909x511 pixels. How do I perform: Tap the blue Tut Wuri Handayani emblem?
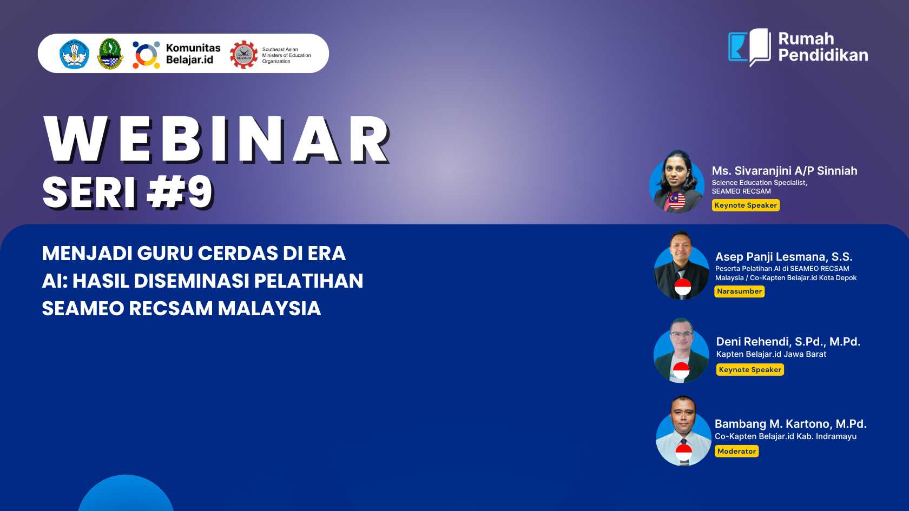click(x=74, y=54)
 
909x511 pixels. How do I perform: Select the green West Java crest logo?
click(x=110, y=54)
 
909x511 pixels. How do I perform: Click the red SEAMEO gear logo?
click(x=243, y=54)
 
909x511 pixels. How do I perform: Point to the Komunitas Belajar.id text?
click(x=193, y=54)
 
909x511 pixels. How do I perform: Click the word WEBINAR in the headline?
click(x=216, y=139)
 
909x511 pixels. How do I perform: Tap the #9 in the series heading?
click(x=180, y=192)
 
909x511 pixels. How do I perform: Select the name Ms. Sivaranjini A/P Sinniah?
click(x=785, y=171)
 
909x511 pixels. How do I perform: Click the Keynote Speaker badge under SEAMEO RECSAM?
click(x=746, y=205)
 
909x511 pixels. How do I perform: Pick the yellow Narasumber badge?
click(x=739, y=291)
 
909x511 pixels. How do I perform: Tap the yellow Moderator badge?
click(x=736, y=451)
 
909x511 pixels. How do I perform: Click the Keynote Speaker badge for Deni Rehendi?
click(x=750, y=369)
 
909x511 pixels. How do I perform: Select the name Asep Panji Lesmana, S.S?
click(x=783, y=257)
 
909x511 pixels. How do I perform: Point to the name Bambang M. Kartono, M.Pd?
click(x=791, y=424)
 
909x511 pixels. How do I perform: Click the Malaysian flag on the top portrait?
click(x=676, y=201)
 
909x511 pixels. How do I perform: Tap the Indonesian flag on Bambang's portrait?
click(x=683, y=452)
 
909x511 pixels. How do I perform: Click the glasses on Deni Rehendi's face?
click(x=682, y=335)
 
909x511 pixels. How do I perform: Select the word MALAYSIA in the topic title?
click(x=269, y=308)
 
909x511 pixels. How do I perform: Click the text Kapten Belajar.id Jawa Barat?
click(x=771, y=354)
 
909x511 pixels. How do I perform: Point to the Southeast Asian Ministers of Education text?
click(x=287, y=55)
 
